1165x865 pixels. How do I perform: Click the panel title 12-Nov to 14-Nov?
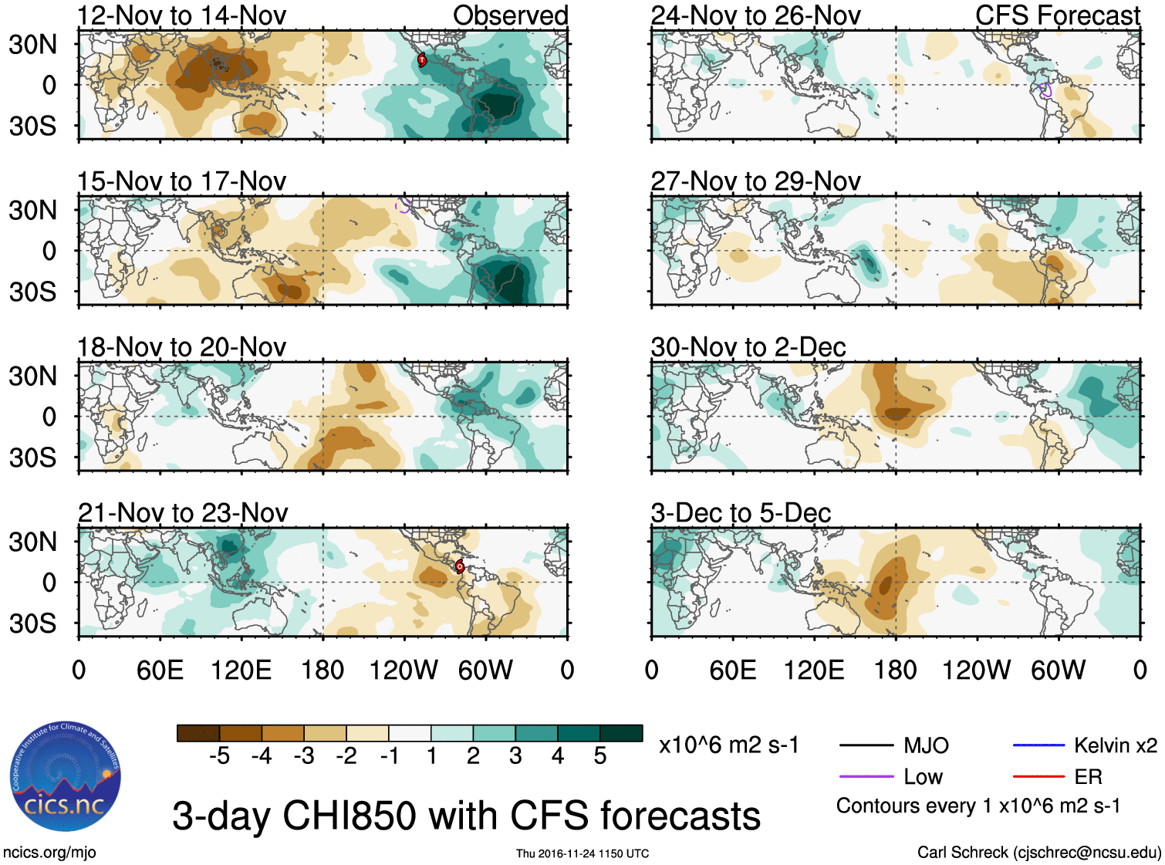(x=182, y=15)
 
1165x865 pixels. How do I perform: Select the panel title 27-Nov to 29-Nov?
(x=755, y=181)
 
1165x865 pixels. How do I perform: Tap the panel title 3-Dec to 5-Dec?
(x=741, y=513)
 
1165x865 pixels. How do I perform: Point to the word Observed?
(x=510, y=15)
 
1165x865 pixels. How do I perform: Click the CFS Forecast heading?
(x=1057, y=15)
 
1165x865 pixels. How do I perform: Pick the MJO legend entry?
(x=926, y=745)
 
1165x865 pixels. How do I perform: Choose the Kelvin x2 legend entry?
(x=1115, y=745)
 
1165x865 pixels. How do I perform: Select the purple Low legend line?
(x=866, y=776)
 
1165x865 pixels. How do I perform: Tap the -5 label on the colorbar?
(x=219, y=756)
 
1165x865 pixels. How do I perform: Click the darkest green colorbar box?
(x=621, y=733)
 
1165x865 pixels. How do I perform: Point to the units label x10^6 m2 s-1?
(x=728, y=745)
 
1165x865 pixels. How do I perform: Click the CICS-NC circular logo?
(x=66, y=777)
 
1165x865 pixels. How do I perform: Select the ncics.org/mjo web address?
(x=49, y=853)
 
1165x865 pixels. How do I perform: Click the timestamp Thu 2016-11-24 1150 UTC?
(x=582, y=853)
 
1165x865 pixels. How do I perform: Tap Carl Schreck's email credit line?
(x=1038, y=853)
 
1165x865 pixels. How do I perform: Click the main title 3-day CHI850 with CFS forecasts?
(x=466, y=816)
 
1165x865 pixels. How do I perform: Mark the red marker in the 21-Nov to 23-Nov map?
(x=459, y=566)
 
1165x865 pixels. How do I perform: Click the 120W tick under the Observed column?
(x=404, y=670)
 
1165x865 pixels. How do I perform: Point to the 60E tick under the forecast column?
(x=732, y=670)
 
